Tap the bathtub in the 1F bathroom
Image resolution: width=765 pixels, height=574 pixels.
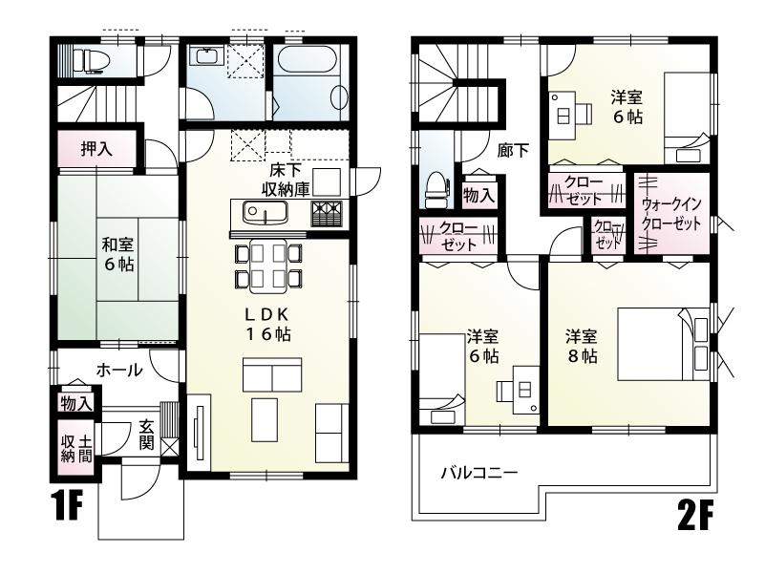pyautogui.click(x=312, y=80)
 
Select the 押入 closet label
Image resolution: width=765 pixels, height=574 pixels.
pyautogui.click(x=94, y=150)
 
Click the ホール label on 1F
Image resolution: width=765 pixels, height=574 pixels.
pyautogui.click(x=118, y=370)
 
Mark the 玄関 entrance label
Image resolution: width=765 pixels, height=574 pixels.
pyautogui.click(x=147, y=436)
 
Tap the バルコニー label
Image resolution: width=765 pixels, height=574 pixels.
pyautogui.click(x=478, y=473)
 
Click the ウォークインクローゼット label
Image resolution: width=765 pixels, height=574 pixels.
pyautogui.click(x=673, y=214)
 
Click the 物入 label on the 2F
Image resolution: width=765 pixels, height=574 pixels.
pyautogui.click(x=478, y=194)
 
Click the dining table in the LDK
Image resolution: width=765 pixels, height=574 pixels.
pyautogui.click(x=268, y=265)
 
